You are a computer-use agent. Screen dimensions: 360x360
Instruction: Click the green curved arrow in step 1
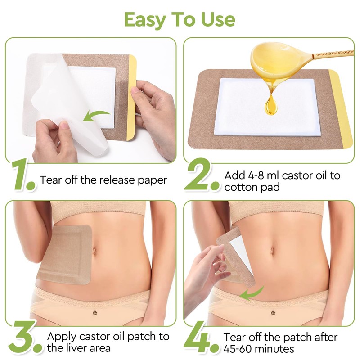(x=97, y=116)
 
